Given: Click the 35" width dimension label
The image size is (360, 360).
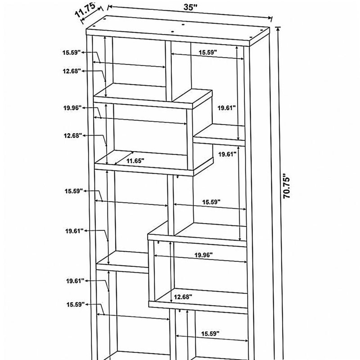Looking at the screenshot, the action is [190, 7].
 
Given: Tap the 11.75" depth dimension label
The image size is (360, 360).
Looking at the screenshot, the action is [85, 10].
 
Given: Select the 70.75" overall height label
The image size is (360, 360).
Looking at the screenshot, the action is [286, 186].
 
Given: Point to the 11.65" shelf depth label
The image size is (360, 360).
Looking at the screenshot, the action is [135, 161].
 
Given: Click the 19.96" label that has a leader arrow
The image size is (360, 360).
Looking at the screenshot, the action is [72, 108].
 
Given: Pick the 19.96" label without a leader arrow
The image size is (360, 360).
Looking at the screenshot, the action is [203, 255].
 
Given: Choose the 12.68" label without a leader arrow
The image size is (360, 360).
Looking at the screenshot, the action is [183, 297].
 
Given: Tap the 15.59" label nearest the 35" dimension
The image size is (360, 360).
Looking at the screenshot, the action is [207, 52].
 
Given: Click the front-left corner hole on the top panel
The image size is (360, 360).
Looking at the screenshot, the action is [94, 26].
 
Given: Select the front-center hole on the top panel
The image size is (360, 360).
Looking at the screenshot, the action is [172, 32].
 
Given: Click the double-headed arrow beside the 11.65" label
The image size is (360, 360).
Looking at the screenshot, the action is [124, 158].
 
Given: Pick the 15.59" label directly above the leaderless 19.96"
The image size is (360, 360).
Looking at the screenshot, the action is [211, 202].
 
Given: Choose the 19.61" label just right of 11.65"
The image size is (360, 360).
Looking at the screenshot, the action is [227, 154].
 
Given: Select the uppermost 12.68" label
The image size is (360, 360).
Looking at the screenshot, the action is [72, 71].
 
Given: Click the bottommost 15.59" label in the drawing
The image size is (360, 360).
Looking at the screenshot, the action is [210, 333].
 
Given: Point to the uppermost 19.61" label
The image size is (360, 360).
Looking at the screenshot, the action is [227, 108].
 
